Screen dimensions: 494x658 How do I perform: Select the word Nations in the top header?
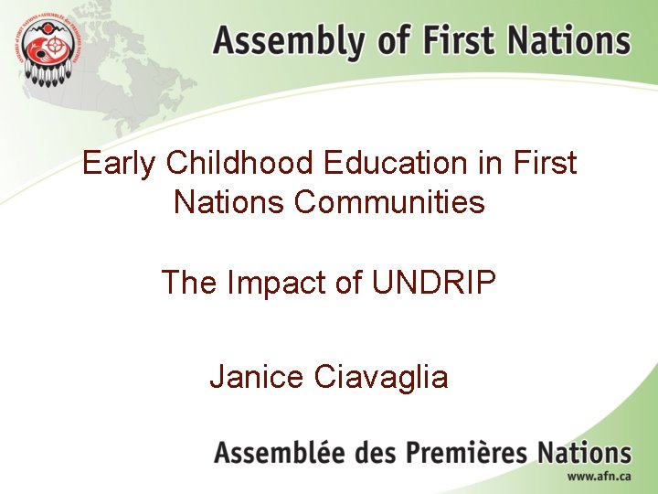[x=568, y=41]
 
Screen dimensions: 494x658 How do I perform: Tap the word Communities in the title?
[x=389, y=201]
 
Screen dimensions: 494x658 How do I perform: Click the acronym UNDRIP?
[x=434, y=283]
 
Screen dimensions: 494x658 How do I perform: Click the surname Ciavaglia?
[x=383, y=375]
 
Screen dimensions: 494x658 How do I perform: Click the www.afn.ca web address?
[x=599, y=478]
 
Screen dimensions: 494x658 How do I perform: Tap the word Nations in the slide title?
[x=229, y=201]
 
